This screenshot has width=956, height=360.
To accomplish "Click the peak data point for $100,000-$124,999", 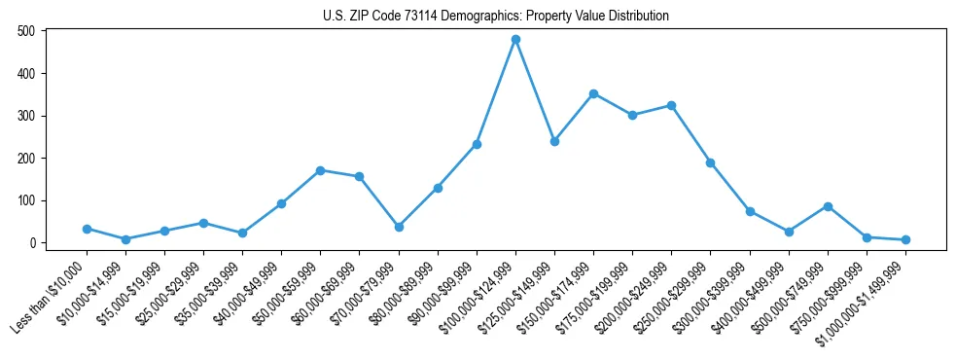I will tap(515, 39).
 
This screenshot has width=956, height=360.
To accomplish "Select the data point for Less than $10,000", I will tap(87, 229).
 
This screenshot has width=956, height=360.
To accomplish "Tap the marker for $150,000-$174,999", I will tap(593, 93).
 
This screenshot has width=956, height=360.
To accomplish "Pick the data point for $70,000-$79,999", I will tap(399, 227).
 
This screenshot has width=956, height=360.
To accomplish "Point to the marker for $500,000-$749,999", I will tap(828, 206).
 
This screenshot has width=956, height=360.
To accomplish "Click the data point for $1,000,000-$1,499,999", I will tap(905, 239).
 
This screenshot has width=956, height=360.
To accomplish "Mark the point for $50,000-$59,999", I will tap(320, 170).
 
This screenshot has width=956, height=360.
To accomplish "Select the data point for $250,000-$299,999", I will tap(711, 162).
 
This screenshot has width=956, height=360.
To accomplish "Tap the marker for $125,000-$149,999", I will tap(554, 141).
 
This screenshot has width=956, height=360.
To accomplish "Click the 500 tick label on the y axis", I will tap(27, 31).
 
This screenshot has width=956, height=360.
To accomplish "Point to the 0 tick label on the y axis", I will tap(33, 243).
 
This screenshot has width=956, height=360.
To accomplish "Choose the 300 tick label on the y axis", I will tap(27, 116).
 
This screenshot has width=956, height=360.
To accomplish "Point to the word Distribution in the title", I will tap(637, 17).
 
